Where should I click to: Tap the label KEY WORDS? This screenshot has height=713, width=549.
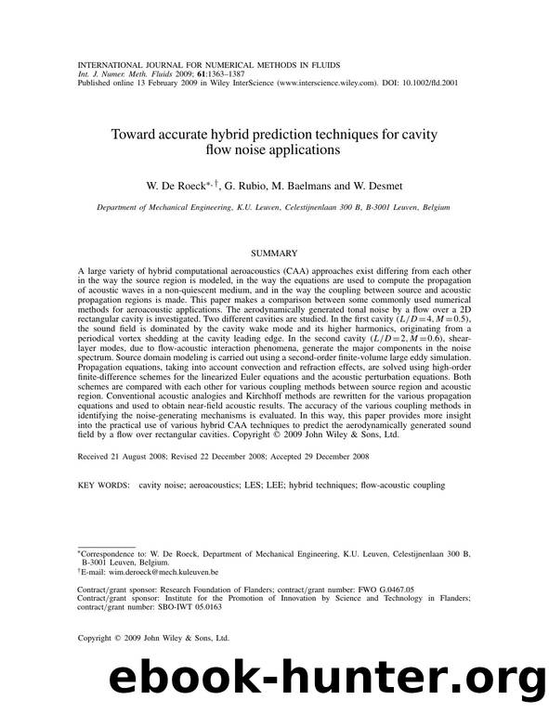click(x=103, y=485)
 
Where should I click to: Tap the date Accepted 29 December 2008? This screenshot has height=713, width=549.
click(x=319, y=457)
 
